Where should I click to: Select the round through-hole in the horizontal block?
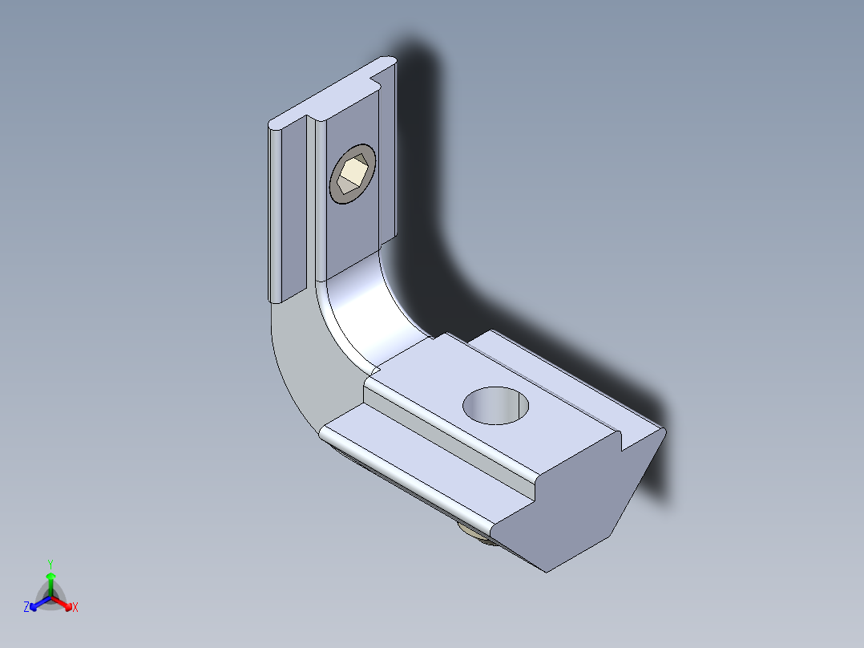[x=494, y=405]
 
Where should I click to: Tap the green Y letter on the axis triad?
[x=50, y=564]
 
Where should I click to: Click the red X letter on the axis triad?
[x=75, y=608]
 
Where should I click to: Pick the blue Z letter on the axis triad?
[x=26, y=608]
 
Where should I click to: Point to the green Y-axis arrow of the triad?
[x=50, y=581]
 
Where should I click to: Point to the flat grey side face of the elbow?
[x=297, y=361]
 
